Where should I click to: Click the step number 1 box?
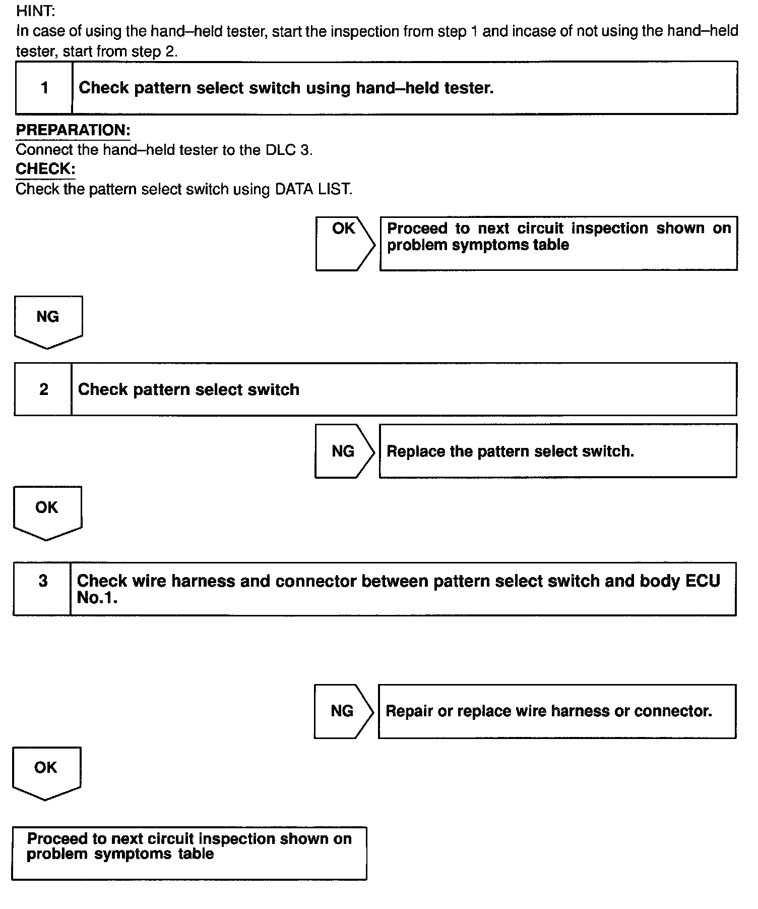coord(44,88)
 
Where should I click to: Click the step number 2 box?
coord(44,389)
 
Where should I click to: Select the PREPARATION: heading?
coord(73,130)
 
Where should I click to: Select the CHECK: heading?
coord(45,168)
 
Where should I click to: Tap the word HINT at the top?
coord(35,11)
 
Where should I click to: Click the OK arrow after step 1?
coord(344,243)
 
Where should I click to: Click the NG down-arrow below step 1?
coord(48,321)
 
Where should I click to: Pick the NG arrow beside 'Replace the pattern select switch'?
coord(344,451)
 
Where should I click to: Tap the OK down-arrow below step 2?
coord(47,512)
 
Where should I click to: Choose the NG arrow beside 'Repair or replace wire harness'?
coord(343,711)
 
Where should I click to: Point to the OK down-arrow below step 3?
coord(46,772)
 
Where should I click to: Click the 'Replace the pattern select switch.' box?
coord(557,451)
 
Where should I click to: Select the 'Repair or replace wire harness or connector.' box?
coord(557,711)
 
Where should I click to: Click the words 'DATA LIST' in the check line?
coord(312,189)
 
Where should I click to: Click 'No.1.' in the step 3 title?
coord(97,598)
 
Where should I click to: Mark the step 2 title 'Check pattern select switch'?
coord(188,389)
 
